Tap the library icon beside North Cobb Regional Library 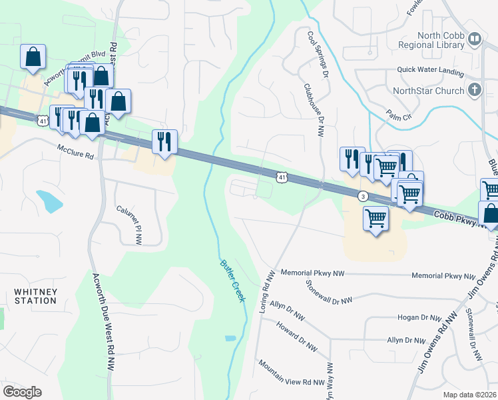tap(475, 40)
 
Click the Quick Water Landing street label tap(429, 69)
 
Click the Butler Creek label tap(232, 280)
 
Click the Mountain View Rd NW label tap(291, 375)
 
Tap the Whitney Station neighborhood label tap(35, 296)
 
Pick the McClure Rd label tap(75, 152)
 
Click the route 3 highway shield tap(363, 196)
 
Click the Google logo tap(22, 392)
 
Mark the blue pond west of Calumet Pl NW tap(49, 199)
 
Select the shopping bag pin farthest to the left tap(33, 58)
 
